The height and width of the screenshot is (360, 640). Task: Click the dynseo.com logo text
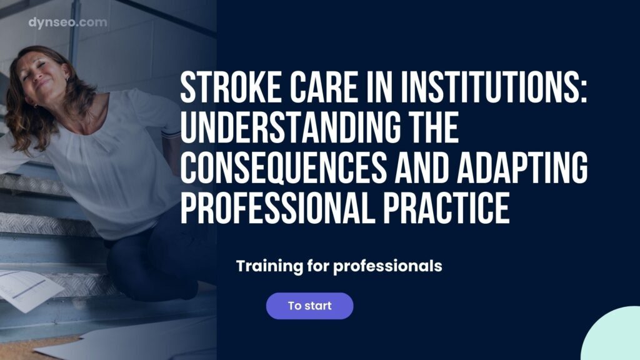(67, 22)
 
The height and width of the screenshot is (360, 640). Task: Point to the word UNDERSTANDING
(290, 127)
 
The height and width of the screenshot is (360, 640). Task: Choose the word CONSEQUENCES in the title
(283, 167)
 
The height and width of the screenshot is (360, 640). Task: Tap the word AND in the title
(421, 167)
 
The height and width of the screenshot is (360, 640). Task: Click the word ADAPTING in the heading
(522, 167)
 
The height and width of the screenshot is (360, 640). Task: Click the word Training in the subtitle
(269, 266)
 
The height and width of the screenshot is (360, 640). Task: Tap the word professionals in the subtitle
(387, 266)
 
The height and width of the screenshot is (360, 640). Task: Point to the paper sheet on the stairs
(29, 290)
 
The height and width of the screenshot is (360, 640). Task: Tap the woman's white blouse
(110, 163)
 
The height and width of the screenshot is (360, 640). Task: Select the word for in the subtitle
(318, 266)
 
